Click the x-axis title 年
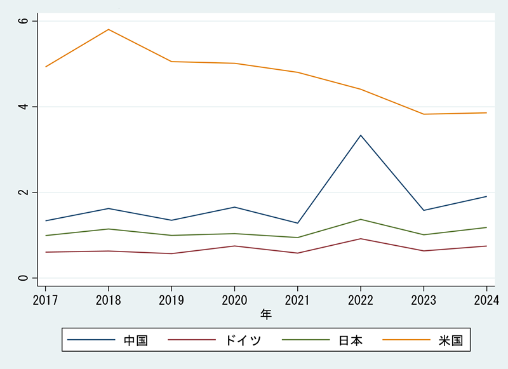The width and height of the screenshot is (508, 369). [x=266, y=314]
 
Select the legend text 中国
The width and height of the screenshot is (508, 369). [x=135, y=340]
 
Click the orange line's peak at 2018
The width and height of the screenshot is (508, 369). [x=109, y=29]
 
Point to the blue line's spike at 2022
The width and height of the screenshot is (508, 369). [x=361, y=135]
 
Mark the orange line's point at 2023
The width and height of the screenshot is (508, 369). [x=424, y=114]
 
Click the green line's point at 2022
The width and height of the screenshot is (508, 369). [x=361, y=219]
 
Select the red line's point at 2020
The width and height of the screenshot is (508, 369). [x=234, y=246]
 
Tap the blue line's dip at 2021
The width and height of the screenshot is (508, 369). [x=297, y=223]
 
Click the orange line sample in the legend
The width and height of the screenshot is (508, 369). [x=406, y=340]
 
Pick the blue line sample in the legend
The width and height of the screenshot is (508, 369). [x=91, y=340]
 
